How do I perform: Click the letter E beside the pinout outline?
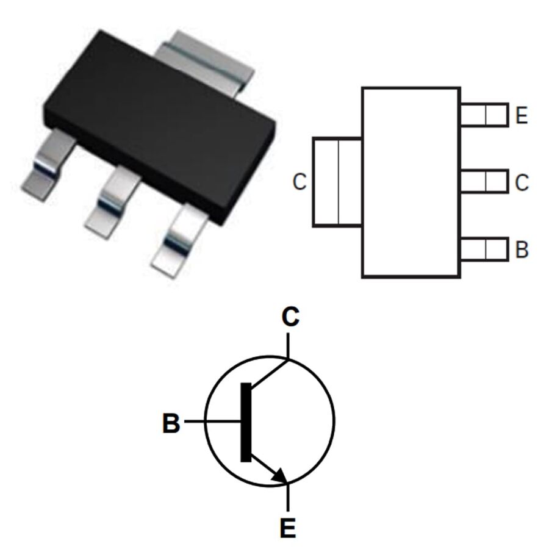(x=522, y=115)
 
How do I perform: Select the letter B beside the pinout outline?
(x=522, y=249)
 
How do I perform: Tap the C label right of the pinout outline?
(x=522, y=182)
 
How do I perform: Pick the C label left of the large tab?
(x=300, y=182)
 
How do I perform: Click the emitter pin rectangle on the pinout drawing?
(x=484, y=115)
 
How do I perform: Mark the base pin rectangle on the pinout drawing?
(x=484, y=249)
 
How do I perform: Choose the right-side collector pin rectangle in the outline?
(x=484, y=181)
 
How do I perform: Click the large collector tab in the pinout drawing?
(x=337, y=182)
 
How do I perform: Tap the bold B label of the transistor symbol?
(x=171, y=423)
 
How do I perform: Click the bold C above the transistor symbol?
(x=290, y=317)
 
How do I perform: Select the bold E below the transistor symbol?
(x=288, y=528)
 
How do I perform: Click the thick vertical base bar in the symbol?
(x=246, y=422)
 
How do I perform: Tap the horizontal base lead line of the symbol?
(x=212, y=421)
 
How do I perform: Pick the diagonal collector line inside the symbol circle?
(x=270, y=373)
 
